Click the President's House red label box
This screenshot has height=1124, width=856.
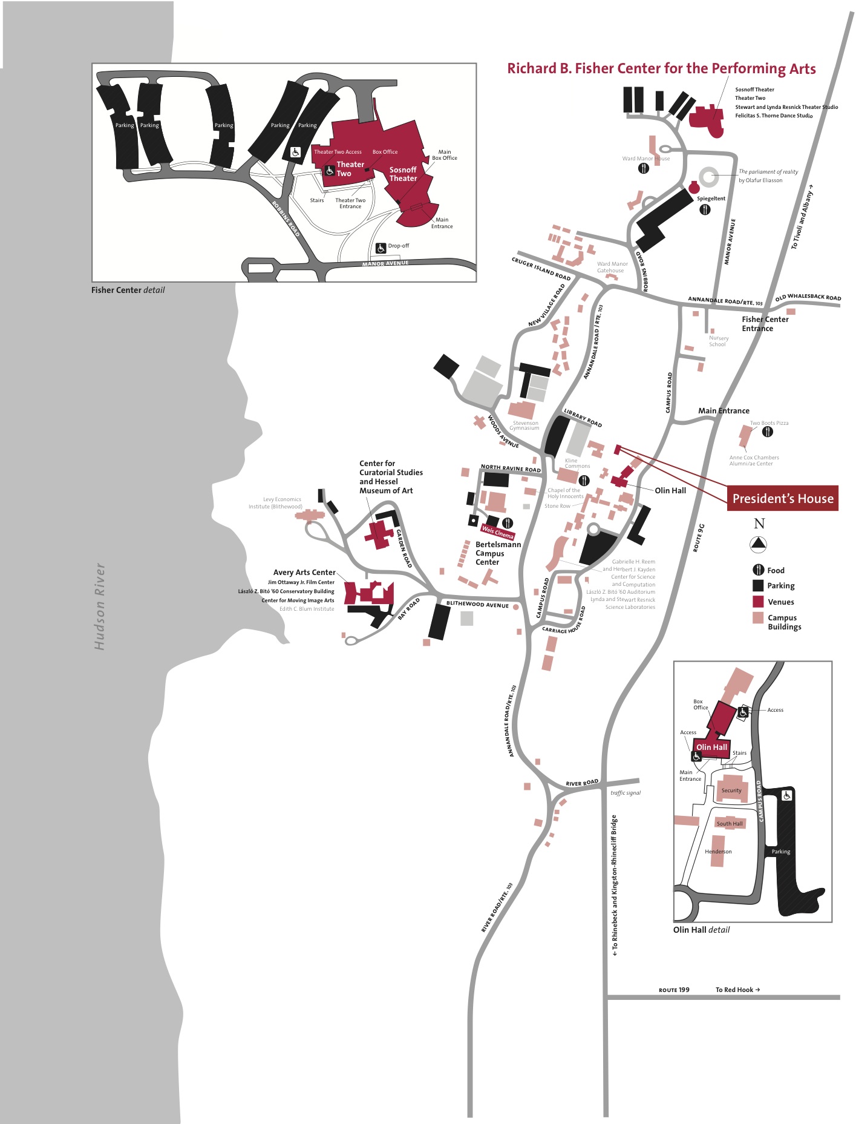click(x=782, y=498)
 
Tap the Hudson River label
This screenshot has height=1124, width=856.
click(x=100, y=606)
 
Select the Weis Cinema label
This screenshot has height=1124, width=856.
click(x=497, y=532)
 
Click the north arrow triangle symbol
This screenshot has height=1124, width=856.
click(x=758, y=544)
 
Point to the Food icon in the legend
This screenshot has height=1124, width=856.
click(x=758, y=570)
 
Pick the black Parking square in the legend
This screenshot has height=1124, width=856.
click(x=758, y=585)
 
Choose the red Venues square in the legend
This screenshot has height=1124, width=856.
click(x=758, y=602)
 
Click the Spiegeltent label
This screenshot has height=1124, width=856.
click(x=711, y=199)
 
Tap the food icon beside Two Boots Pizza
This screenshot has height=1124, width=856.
click(x=768, y=432)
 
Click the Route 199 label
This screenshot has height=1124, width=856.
click(x=674, y=990)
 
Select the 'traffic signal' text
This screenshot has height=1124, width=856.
click(x=626, y=792)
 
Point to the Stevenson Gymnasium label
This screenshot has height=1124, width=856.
click(x=524, y=426)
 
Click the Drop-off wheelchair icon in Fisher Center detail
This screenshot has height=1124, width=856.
click(x=381, y=248)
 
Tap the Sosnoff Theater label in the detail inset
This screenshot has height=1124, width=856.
click(x=403, y=174)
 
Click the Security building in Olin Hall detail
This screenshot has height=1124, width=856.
click(x=731, y=789)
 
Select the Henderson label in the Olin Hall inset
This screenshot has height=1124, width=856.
click(x=718, y=852)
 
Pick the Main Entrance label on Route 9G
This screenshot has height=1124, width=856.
click(x=724, y=410)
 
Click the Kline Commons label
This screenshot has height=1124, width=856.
click(x=577, y=463)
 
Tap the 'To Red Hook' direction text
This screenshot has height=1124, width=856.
click(x=737, y=990)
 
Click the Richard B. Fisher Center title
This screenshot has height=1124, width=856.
click(x=661, y=68)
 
